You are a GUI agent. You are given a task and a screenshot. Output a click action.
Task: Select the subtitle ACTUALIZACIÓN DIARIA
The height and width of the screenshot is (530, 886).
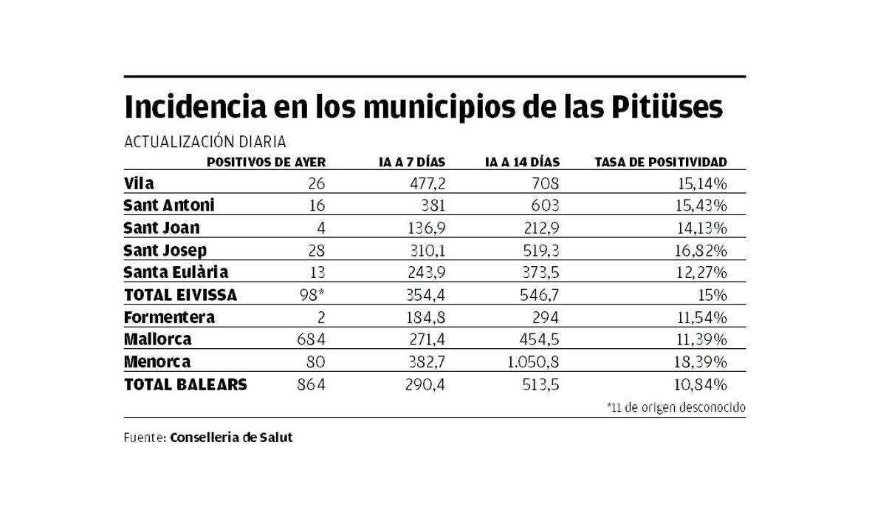[205, 142]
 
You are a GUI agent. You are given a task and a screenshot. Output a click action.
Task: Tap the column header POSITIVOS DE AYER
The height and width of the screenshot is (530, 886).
[266, 162]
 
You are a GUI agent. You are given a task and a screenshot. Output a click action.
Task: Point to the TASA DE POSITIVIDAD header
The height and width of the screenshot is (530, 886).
[660, 162]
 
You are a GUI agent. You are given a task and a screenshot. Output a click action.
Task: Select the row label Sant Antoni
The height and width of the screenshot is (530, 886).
[169, 205]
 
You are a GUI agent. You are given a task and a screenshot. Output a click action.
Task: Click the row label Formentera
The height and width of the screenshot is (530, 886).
[169, 317]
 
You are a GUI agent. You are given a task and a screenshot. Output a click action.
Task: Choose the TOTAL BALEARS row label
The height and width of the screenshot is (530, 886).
[185, 384]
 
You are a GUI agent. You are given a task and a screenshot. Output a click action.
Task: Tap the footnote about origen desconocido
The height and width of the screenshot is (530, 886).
[676, 407]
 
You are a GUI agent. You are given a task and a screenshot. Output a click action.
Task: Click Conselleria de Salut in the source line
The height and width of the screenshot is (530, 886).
[231, 438]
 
